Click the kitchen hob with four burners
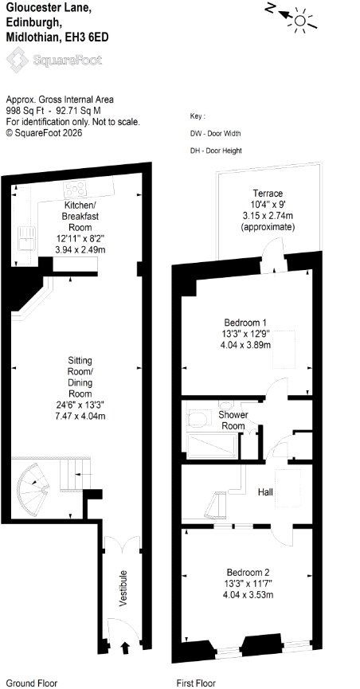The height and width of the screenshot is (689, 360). [75, 189]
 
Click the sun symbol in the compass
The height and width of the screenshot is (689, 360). [300, 20]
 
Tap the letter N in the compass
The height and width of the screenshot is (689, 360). [271, 7]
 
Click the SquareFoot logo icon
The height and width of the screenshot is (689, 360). [17, 61]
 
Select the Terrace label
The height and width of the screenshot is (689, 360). [268, 193]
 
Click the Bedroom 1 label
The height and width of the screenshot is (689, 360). [245, 321]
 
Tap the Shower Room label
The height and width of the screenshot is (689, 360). [233, 420]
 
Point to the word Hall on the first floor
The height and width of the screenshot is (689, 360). [265, 491]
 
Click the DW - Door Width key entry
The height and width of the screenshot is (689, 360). [215, 134]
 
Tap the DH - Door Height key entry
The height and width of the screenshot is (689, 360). [216, 151]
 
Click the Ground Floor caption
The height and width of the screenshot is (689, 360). [32, 683]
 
